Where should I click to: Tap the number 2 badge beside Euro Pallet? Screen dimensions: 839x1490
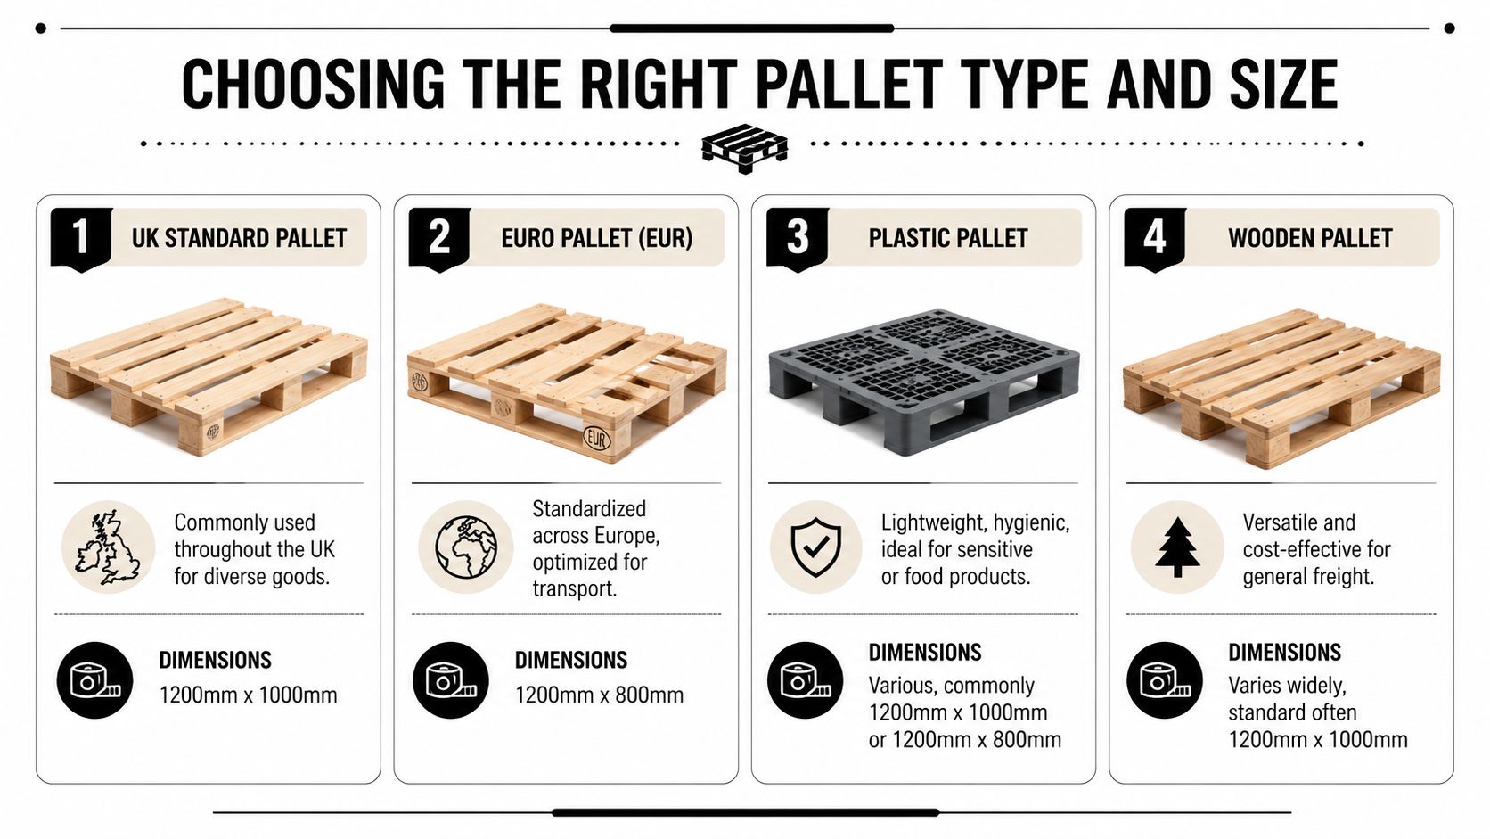click(438, 237)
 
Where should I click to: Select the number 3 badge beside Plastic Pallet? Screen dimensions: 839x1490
click(798, 237)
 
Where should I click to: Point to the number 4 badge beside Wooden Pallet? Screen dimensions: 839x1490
click(1155, 237)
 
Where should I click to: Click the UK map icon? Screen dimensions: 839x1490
click(108, 547)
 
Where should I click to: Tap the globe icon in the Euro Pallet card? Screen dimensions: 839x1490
click(465, 547)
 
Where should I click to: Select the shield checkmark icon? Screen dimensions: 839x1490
click(815, 547)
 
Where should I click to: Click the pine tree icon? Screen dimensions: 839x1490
click(1177, 547)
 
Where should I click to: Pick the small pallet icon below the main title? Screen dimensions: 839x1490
click(744, 147)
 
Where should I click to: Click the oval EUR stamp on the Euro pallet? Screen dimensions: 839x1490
click(596, 439)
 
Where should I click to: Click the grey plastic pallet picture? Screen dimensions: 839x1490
click(923, 380)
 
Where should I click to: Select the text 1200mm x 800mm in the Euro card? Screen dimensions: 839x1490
click(599, 695)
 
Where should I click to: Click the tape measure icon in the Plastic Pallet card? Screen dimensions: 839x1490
click(806, 680)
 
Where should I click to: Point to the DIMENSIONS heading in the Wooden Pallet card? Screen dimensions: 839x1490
click(1284, 653)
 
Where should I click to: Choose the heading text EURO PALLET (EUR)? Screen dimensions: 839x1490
click(596, 238)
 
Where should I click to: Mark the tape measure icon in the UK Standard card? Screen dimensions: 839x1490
click(94, 680)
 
